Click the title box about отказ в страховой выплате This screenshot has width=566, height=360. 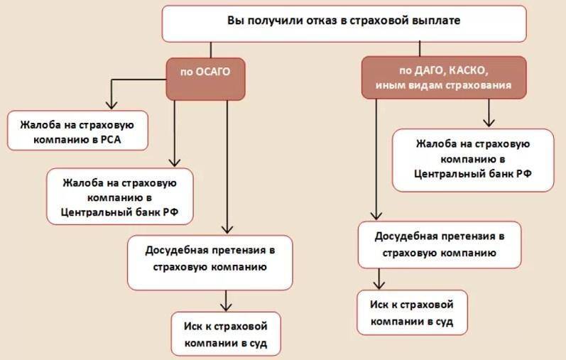click(344, 23)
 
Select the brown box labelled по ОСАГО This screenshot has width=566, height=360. click(205, 79)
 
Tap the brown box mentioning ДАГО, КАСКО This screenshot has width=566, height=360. click(444, 77)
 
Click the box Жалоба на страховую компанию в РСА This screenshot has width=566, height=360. click(77, 131)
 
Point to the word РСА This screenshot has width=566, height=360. click(111, 139)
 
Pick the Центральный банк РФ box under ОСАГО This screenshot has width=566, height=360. click(120, 197)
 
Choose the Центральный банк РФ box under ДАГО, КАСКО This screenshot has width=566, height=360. click(473, 160)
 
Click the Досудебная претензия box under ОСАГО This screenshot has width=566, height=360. click(210, 263)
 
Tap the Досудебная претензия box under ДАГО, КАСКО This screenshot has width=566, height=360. click(440, 245)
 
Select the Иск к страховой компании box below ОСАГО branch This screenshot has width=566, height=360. click(226, 334)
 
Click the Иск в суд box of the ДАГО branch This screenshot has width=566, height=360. click(412, 312)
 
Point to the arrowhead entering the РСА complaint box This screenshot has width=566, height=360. click(111, 105)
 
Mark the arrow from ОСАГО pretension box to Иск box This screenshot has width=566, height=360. click(226, 301)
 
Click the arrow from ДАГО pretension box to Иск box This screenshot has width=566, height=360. click(379, 279)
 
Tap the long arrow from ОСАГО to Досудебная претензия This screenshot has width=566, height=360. click(227, 167)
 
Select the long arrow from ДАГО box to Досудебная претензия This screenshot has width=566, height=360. click(376, 159)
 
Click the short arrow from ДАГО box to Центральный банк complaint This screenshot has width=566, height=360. click(489, 113)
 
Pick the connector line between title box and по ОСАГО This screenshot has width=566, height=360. click(211, 50)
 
